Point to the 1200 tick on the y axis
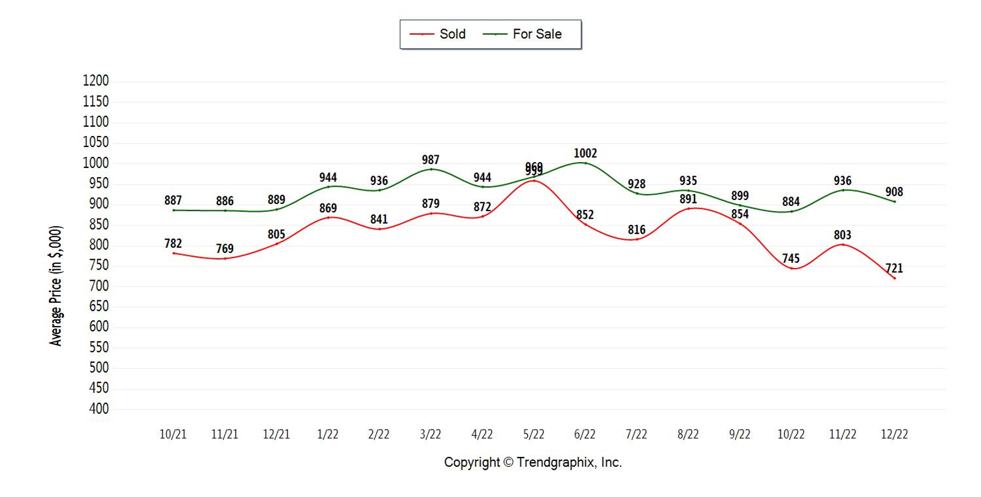pyautogui.click(x=96, y=81)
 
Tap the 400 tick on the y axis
pyautogui.click(x=99, y=409)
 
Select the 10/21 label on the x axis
pyautogui.click(x=173, y=434)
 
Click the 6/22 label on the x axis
pyautogui.click(x=585, y=434)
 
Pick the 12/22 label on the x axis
pyautogui.click(x=894, y=434)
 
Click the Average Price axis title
pyautogui.click(x=56, y=286)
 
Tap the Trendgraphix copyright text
pyautogui.click(x=533, y=462)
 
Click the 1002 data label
pyautogui.click(x=585, y=153)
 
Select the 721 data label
pyautogui.click(x=894, y=268)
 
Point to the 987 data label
pyautogui.click(x=431, y=159)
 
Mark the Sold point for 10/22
pyautogui.click(x=792, y=269)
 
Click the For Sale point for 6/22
pyautogui.click(x=585, y=163)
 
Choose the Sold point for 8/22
pyautogui.click(x=688, y=208)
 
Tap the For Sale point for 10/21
pyautogui.click(x=173, y=210)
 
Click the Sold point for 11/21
pyautogui.click(x=225, y=258)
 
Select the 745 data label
pyautogui.click(x=791, y=258)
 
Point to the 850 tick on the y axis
pyautogui.click(x=99, y=224)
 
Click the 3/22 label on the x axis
pyautogui.click(x=431, y=434)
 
